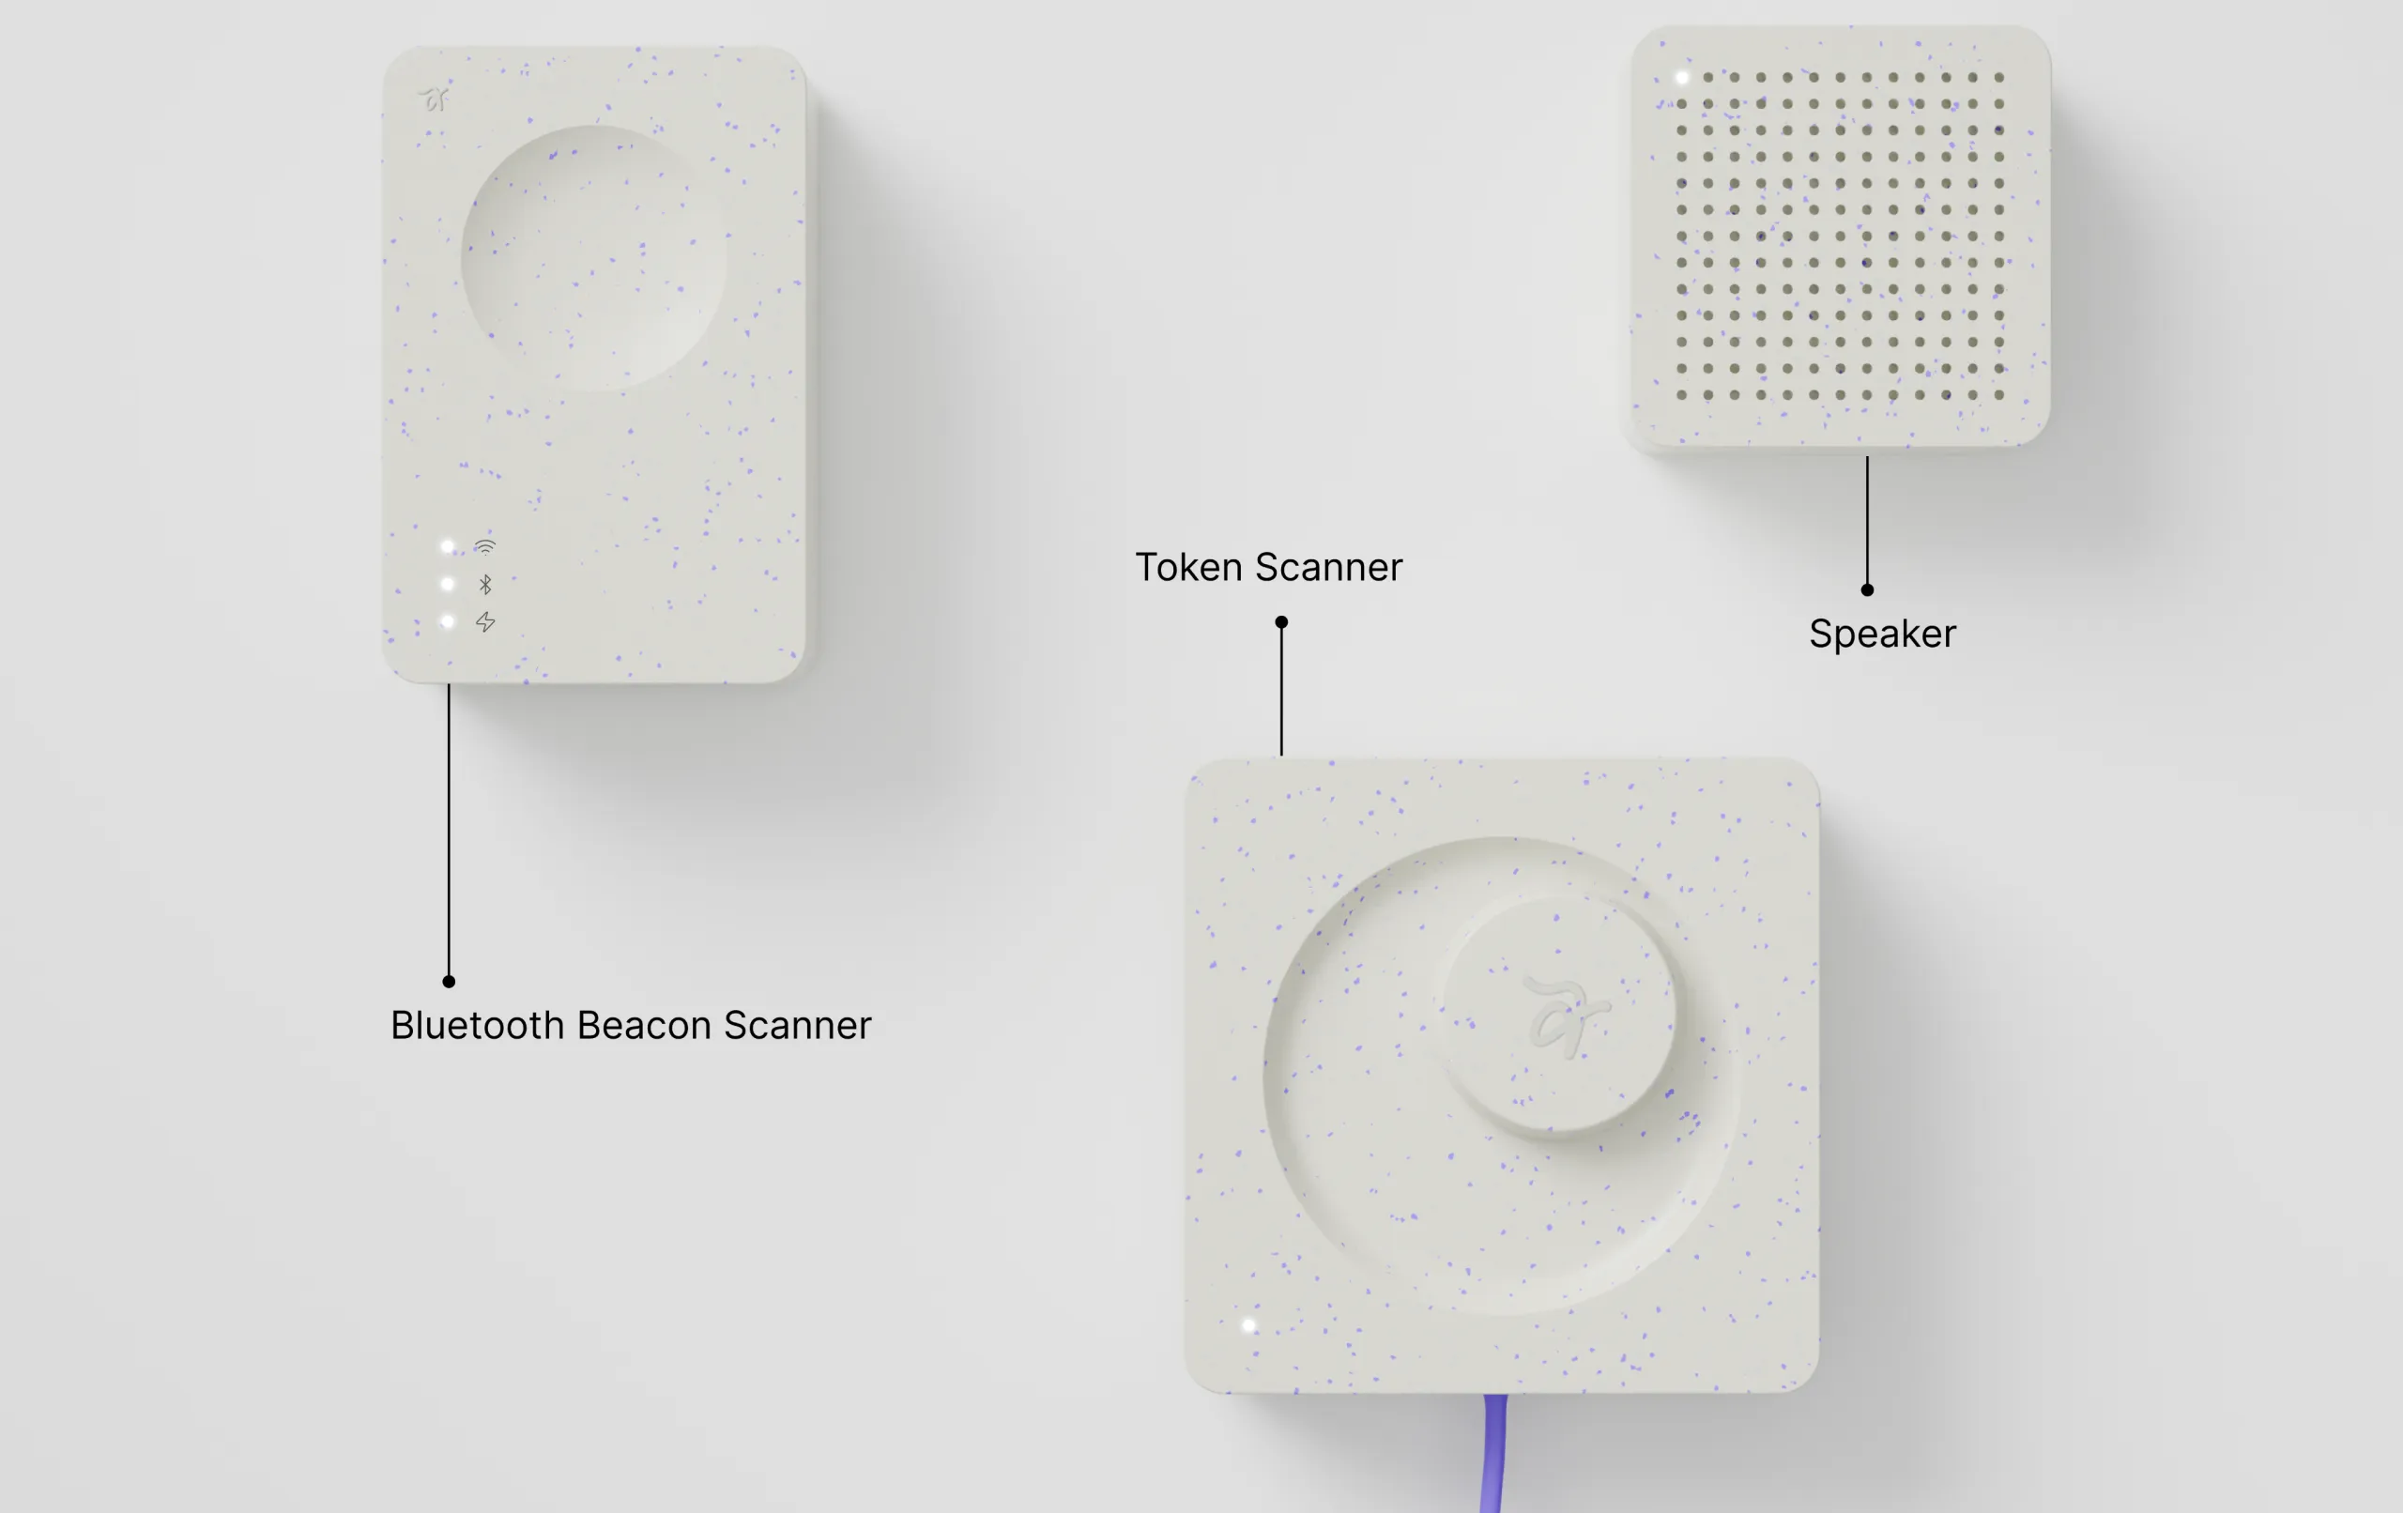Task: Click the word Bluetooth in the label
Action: point(477,1025)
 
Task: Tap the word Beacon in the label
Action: point(644,1025)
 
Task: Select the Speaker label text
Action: point(1882,634)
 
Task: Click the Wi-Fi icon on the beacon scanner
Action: point(485,547)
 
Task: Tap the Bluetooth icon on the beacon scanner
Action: point(485,584)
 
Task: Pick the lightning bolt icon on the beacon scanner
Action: point(485,621)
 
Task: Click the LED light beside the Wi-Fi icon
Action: point(447,547)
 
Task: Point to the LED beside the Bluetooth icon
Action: point(447,584)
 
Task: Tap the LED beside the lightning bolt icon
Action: point(447,621)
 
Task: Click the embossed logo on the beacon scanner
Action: point(434,99)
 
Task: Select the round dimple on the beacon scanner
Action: point(594,257)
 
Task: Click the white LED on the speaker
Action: point(1681,77)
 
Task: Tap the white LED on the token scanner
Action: point(1248,1325)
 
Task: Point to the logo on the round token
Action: point(1564,1015)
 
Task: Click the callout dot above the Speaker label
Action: point(1867,589)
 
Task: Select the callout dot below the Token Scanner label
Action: point(1281,621)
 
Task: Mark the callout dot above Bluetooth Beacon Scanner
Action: point(449,981)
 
